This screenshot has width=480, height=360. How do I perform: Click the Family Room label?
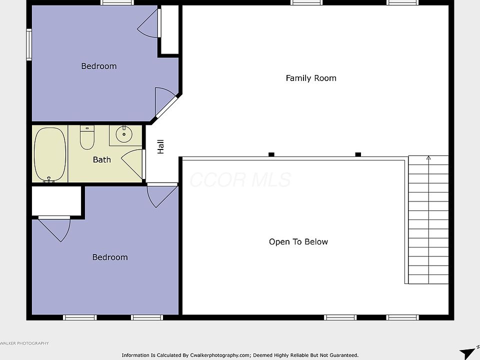pos(311,78)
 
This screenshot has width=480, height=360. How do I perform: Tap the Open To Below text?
pos(298,242)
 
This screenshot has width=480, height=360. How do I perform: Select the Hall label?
pos(160,146)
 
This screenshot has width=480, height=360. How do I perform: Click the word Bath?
pos(102,159)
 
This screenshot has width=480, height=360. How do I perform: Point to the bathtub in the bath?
pos(50,154)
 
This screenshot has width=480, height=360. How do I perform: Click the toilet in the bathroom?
pos(87,137)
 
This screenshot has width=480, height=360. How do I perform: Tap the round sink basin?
pos(124,134)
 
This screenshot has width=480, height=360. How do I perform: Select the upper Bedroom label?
pos(99,66)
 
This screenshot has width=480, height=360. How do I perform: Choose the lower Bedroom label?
pos(110,257)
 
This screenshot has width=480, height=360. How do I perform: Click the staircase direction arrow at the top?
pos(428,158)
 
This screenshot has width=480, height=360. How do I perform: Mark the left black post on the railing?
pos(271,154)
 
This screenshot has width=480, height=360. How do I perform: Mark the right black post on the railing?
pos(358,154)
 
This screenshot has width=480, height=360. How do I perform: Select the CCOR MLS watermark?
pos(240,179)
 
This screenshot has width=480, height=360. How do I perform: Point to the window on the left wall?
pos(29,44)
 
